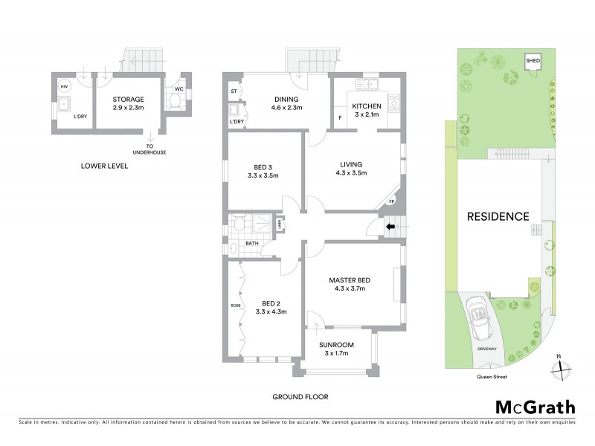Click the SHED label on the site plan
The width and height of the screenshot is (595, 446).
(x=533, y=61)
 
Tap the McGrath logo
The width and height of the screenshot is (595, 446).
(x=535, y=407)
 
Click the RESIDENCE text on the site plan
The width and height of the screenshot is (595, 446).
(x=498, y=217)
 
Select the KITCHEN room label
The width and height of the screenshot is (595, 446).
(x=367, y=106)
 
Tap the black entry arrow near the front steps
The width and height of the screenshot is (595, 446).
(x=390, y=226)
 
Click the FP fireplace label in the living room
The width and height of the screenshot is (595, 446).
(x=391, y=202)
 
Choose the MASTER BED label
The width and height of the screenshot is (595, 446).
(x=350, y=280)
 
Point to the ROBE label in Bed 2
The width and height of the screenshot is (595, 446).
(x=236, y=306)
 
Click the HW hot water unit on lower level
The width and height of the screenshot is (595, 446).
(x=64, y=86)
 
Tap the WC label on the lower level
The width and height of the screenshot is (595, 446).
(x=178, y=88)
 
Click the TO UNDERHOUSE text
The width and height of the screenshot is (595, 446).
(x=150, y=149)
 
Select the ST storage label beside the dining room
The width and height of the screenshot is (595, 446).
(x=234, y=91)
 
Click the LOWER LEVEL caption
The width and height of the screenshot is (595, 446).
(x=104, y=166)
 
